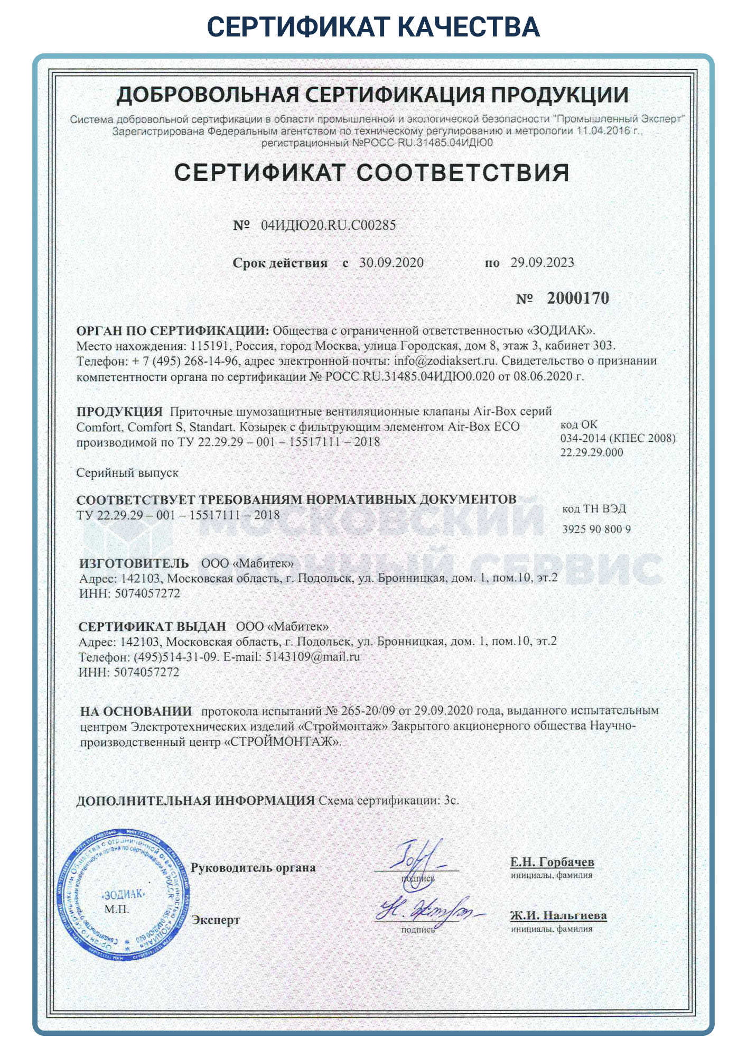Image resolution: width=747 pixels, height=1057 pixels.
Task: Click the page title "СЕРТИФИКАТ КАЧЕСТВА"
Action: pyautogui.click(x=373, y=26)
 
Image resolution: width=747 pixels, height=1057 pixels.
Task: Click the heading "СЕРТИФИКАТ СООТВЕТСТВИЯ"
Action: pyautogui.click(x=372, y=173)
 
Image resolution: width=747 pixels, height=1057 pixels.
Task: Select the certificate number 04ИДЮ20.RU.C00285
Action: pyautogui.click(x=328, y=225)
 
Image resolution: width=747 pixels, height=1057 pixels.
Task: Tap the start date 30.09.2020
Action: pyautogui.click(x=391, y=263)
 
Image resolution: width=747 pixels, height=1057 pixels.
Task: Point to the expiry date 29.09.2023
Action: pyautogui.click(x=541, y=263)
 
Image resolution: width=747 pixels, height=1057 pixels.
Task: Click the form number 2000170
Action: pyautogui.click(x=577, y=299)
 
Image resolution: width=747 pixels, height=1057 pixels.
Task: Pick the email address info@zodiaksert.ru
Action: pyautogui.click(x=445, y=361)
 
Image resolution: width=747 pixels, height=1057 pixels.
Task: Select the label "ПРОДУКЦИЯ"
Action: pyautogui.click(x=119, y=411)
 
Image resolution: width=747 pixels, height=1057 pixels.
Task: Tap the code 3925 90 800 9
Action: pyautogui.click(x=596, y=529)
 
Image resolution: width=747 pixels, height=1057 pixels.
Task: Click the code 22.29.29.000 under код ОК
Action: pyautogui.click(x=591, y=452)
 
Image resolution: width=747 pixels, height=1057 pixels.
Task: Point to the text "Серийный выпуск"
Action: pyautogui.click(x=127, y=472)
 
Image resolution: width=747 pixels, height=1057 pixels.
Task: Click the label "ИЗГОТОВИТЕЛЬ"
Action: pyautogui.click(x=134, y=563)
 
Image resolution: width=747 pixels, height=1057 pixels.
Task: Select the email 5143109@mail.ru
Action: pyautogui.click(x=312, y=657)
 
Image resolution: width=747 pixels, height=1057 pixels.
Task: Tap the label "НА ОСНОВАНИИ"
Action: pyautogui.click(x=136, y=711)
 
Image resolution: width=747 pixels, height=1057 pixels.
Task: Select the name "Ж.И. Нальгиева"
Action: pyautogui.click(x=558, y=915)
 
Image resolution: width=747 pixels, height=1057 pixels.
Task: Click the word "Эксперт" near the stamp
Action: pyautogui.click(x=216, y=920)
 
